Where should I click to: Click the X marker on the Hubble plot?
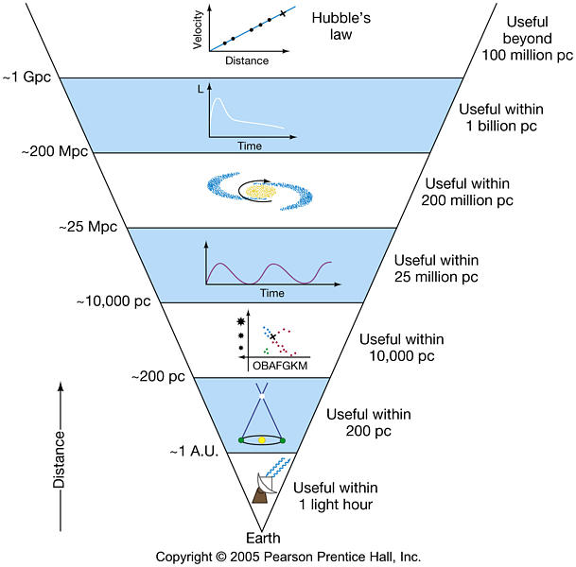[283, 15]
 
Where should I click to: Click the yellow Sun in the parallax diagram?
[262, 439]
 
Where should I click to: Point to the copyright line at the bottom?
[288, 557]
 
